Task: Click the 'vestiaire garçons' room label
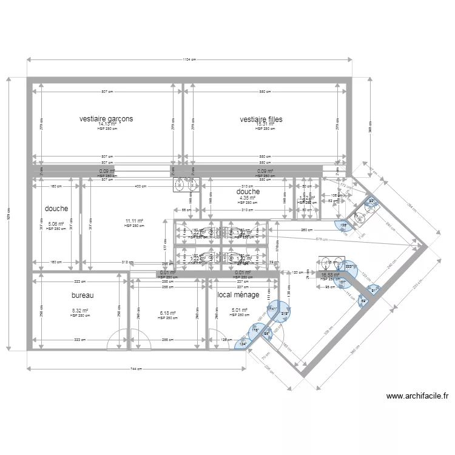[x=106, y=119]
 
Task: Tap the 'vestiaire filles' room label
[x=261, y=120]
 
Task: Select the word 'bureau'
[x=82, y=295]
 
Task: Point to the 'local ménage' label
[x=238, y=295]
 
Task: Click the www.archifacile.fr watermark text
[x=418, y=397]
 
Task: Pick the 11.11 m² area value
[x=134, y=221]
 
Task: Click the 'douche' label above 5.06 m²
[x=57, y=208]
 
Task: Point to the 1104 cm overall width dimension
[x=189, y=59]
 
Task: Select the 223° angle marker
[x=349, y=266]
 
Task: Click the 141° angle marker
[x=274, y=309]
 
